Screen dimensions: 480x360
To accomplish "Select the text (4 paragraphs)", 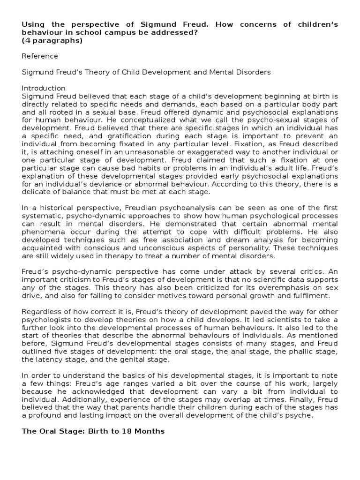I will click(x=52, y=40).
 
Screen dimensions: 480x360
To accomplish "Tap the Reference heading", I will click(x=40, y=56).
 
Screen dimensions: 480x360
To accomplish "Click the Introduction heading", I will click(x=44, y=88).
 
